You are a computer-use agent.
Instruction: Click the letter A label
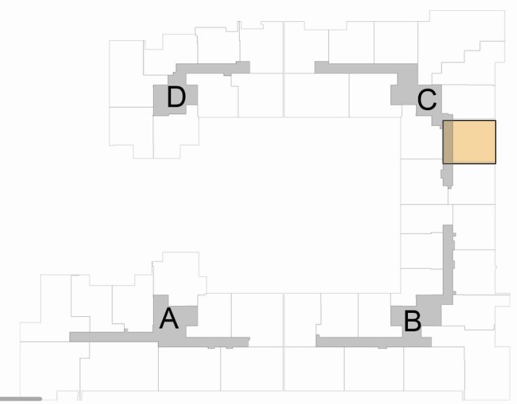(x=169, y=318)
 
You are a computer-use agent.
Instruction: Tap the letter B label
(x=412, y=322)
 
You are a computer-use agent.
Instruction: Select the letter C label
(x=426, y=101)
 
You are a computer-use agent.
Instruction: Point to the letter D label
(x=176, y=98)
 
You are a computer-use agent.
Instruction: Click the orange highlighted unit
(x=470, y=142)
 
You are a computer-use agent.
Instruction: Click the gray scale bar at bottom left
(x=20, y=398)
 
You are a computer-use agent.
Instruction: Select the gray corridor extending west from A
(x=112, y=336)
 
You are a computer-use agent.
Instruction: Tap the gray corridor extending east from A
(x=218, y=341)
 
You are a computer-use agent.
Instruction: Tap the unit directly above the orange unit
(x=470, y=102)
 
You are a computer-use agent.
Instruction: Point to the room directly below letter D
(x=175, y=136)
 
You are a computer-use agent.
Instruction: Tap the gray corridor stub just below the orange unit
(x=448, y=175)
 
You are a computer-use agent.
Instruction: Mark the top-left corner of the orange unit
(x=443, y=121)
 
